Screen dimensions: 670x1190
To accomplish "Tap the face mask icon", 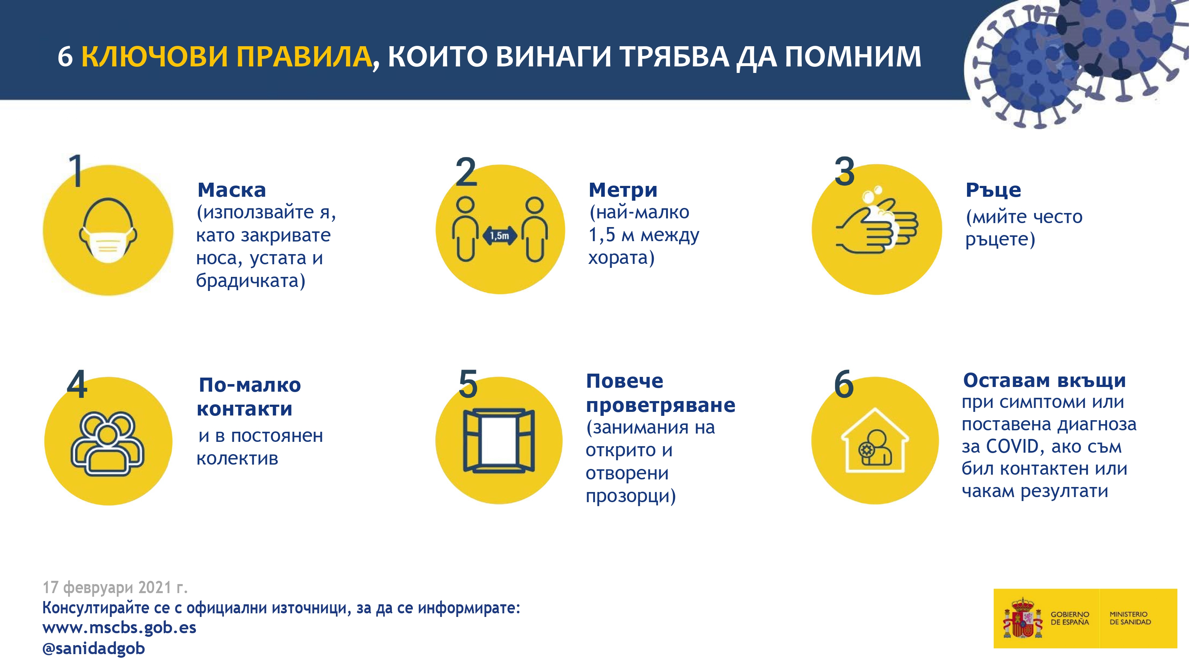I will (108, 231).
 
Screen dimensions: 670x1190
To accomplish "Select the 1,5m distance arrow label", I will (499, 236).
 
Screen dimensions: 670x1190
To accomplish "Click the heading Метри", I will (623, 190).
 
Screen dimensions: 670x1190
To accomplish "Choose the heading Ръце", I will (993, 190).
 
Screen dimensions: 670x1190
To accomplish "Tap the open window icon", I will (499, 440).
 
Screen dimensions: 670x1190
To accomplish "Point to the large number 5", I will (468, 384).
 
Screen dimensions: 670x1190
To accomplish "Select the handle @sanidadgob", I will (93, 648).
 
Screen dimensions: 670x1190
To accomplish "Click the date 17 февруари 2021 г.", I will (115, 587).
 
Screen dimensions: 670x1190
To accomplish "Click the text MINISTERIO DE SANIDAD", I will (1130, 618).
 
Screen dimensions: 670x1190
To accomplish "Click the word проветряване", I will (661, 405).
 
